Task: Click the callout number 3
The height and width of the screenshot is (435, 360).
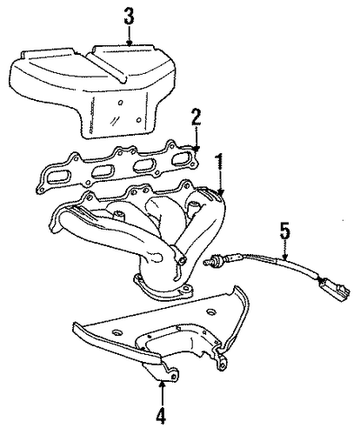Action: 129,17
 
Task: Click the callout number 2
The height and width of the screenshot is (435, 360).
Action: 196,117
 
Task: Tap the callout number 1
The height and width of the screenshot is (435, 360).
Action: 220,162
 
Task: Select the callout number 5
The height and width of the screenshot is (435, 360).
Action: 285,231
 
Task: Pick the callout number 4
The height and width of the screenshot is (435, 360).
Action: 161,416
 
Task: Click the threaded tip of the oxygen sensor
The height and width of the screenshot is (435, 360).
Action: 208,263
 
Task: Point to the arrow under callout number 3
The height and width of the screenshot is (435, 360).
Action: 130,35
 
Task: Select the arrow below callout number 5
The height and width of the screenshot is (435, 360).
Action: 285,250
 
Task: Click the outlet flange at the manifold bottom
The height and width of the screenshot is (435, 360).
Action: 163,289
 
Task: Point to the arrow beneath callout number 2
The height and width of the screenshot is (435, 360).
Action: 197,138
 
